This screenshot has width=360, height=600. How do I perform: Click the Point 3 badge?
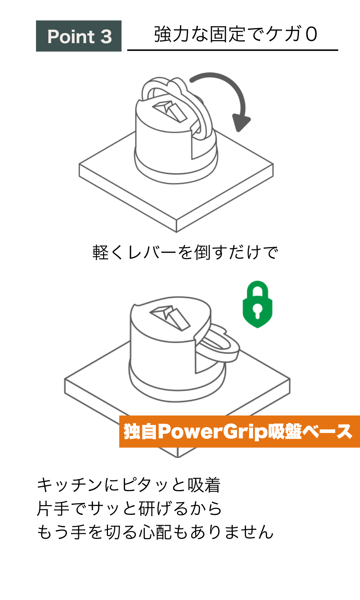[x=79, y=36]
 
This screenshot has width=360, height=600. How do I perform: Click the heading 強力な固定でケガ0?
[x=235, y=34]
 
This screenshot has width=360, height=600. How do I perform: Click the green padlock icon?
[x=257, y=304]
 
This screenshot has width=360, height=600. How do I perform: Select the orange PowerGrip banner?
[x=240, y=432]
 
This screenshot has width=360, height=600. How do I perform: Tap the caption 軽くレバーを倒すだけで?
[x=185, y=252]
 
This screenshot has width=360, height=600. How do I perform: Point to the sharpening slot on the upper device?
[x=170, y=111]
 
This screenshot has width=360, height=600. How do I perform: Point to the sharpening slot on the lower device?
[x=170, y=318]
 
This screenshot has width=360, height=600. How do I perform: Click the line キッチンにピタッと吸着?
[x=129, y=485]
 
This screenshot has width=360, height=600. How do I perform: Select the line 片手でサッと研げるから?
[x=129, y=508]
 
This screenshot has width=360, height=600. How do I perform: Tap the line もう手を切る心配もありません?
[x=155, y=532]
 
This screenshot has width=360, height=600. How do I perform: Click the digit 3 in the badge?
[x=106, y=36]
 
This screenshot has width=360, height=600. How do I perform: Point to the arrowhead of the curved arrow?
[x=240, y=122]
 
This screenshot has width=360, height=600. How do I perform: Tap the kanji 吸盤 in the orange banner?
[x=285, y=432]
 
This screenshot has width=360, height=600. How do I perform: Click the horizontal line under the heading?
[x=232, y=50]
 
